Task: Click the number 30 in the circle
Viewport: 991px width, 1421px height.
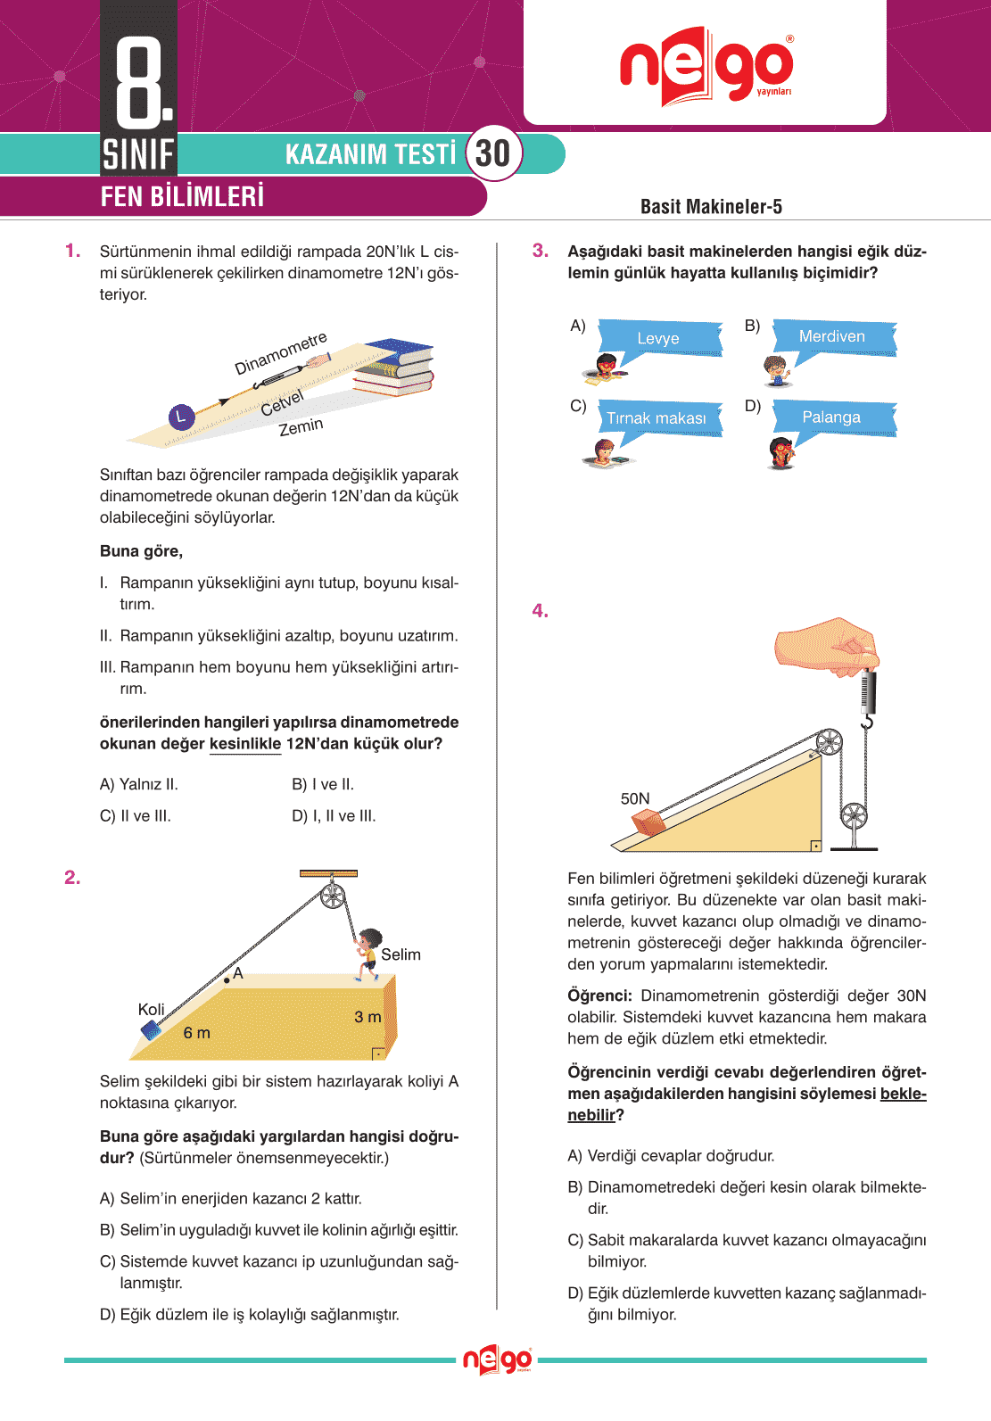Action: [492, 153]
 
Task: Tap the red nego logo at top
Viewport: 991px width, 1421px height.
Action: [706, 66]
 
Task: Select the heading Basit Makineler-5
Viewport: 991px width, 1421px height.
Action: [711, 207]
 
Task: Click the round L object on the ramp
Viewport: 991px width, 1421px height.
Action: [181, 417]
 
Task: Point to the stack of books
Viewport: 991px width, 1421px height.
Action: [396, 367]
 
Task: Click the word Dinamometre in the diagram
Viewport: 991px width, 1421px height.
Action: [280, 354]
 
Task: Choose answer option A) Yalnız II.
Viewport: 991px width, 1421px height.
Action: [139, 784]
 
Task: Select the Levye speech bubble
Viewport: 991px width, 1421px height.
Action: [659, 338]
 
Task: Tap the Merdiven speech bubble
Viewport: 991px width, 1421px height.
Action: [833, 336]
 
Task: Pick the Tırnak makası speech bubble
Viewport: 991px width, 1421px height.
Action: [657, 418]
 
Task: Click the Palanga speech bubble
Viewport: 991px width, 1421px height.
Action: [832, 417]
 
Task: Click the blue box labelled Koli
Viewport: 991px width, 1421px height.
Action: [151, 1030]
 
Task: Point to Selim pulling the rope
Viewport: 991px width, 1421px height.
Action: [367, 954]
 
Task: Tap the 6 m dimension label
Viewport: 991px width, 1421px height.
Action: [197, 1033]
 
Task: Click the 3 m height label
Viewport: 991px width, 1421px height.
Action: [367, 1017]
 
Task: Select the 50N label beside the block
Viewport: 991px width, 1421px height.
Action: [635, 798]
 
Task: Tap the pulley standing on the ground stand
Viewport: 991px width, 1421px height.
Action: [854, 815]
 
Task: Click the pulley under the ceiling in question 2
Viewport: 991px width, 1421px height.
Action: [333, 895]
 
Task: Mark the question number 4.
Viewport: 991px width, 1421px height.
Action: [541, 611]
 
